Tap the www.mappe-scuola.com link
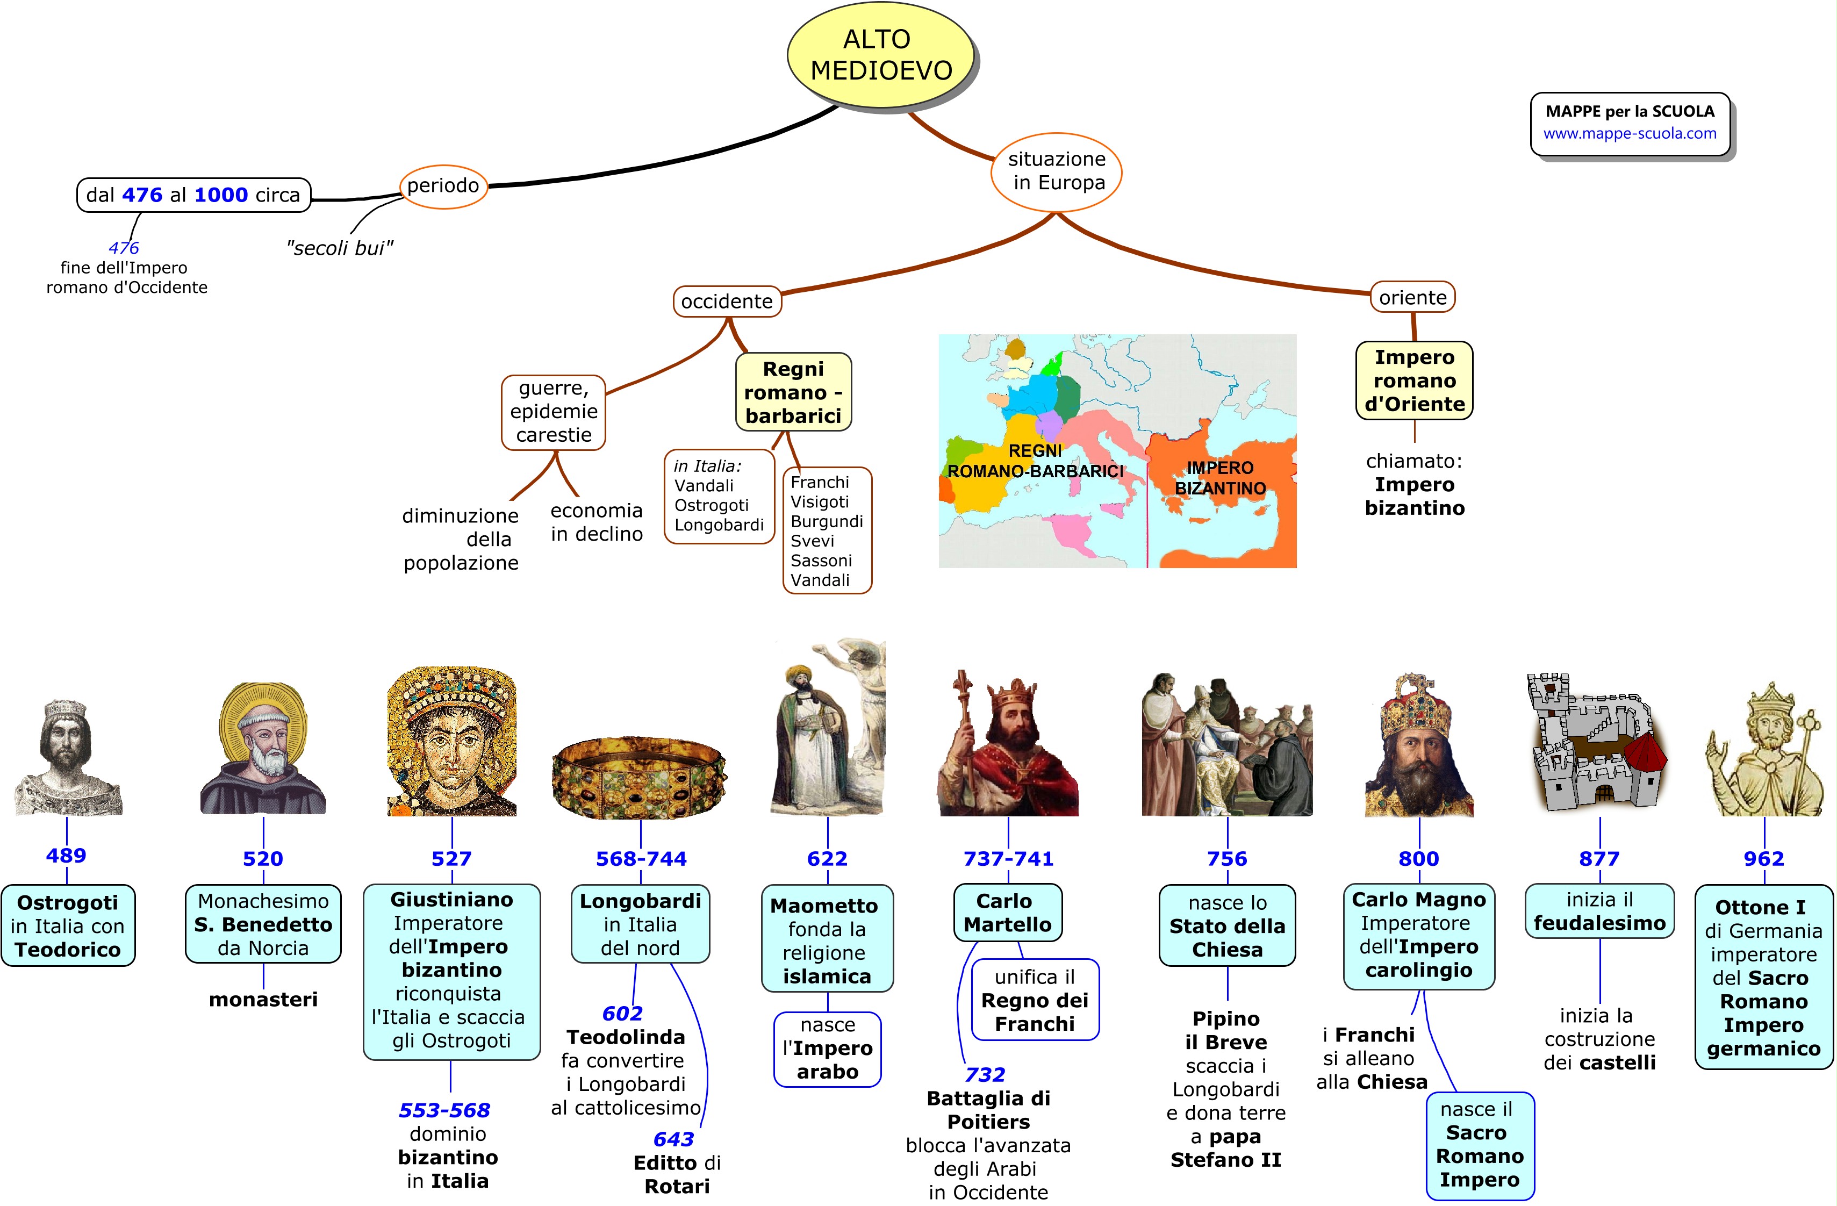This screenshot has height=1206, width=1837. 1630,133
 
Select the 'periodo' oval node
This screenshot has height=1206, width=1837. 443,185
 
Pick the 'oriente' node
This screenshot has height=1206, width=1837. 1412,297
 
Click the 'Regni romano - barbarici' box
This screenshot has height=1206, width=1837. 793,392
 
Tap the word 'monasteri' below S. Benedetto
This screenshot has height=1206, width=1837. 263,999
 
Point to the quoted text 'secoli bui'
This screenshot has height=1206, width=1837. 340,248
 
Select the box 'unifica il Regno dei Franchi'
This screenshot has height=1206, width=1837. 1034,1000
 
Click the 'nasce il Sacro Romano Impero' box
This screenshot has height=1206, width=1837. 1480,1145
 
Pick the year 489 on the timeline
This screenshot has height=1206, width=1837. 67,855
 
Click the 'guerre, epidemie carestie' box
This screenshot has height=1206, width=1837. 554,411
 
